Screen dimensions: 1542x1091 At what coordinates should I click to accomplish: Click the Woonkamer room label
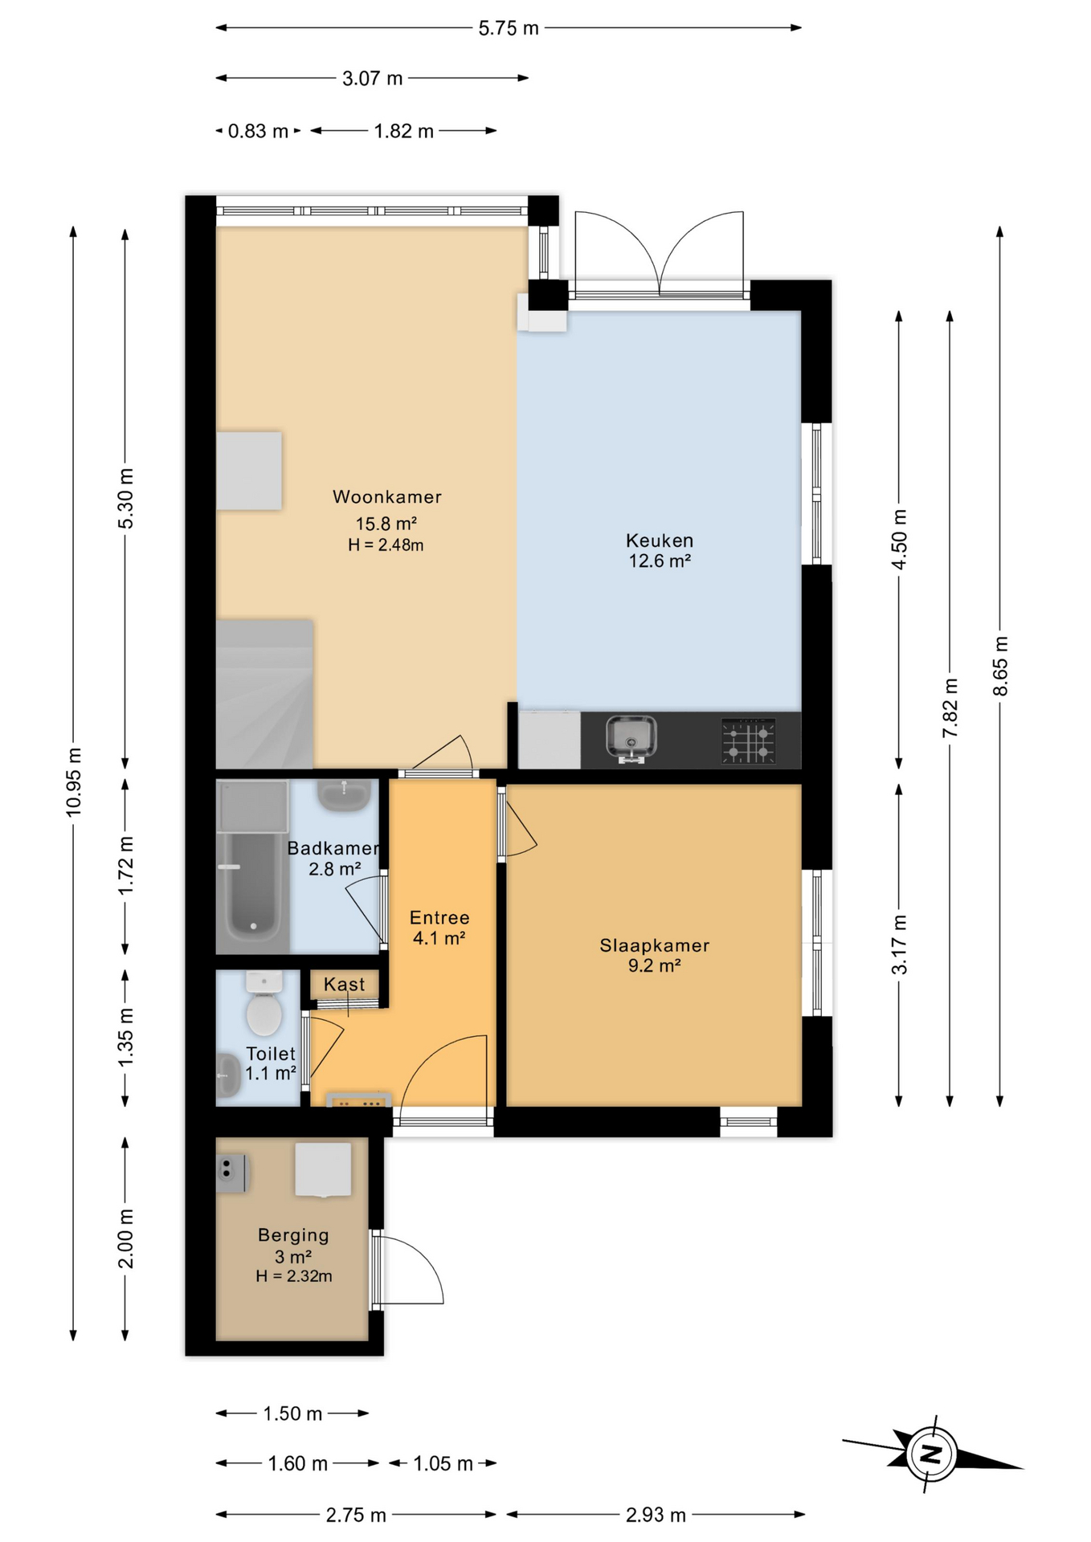(x=386, y=497)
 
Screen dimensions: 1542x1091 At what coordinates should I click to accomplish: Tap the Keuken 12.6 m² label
(x=659, y=551)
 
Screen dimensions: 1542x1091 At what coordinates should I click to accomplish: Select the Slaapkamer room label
(x=654, y=945)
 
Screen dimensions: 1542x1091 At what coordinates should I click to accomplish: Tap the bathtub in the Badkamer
(x=252, y=887)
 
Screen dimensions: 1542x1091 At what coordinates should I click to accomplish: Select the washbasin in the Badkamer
(x=344, y=794)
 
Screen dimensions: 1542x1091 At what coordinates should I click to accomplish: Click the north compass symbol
(x=931, y=1454)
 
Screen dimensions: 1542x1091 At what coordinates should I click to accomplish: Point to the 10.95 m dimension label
(x=74, y=781)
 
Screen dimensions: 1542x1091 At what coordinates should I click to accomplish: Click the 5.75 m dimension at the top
(x=508, y=28)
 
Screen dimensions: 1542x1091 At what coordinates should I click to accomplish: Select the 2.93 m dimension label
(x=655, y=1515)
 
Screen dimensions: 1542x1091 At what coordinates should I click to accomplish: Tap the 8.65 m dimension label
(x=1000, y=666)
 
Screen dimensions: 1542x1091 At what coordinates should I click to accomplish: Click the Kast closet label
(x=344, y=984)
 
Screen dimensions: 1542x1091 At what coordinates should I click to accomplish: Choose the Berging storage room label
(x=293, y=1235)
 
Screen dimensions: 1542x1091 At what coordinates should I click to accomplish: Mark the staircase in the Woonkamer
(x=264, y=695)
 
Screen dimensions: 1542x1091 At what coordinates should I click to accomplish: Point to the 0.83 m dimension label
(x=257, y=131)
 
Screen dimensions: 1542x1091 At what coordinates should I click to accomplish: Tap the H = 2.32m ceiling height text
(x=293, y=1276)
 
